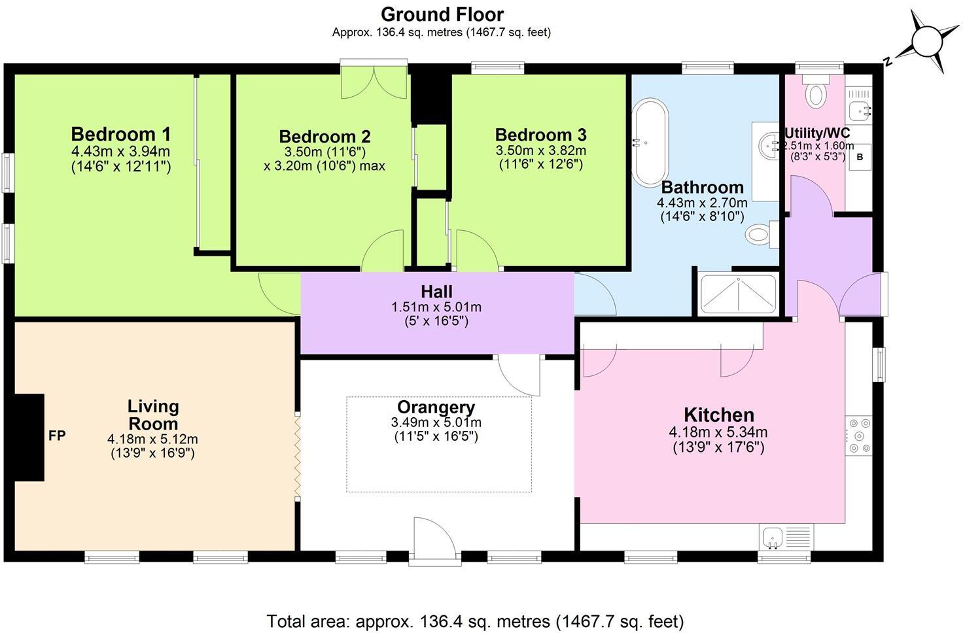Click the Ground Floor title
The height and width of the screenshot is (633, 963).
tap(442, 14)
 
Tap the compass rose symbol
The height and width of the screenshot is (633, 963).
tap(924, 43)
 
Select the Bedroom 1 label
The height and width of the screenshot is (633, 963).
tap(120, 135)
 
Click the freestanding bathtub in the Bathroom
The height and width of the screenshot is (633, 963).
tap(650, 142)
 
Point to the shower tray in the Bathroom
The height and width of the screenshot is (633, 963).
tap(738, 294)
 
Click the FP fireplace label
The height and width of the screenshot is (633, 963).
tap(57, 436)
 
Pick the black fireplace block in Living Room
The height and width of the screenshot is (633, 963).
tap(29, 437)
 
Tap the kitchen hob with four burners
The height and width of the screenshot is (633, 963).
tap(859, 436)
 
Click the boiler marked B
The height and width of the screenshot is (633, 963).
tap(860, 158)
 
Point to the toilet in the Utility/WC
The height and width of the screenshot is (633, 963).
tap(815, 92)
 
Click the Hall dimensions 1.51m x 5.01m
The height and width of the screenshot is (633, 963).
tap(436, 307)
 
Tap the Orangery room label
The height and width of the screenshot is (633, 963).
tap(436, 408)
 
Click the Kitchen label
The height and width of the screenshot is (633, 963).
tap(718, 415)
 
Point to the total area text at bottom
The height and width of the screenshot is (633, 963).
tap(475, 621)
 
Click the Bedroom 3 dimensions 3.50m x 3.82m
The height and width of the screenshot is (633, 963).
tap(540, 150)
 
